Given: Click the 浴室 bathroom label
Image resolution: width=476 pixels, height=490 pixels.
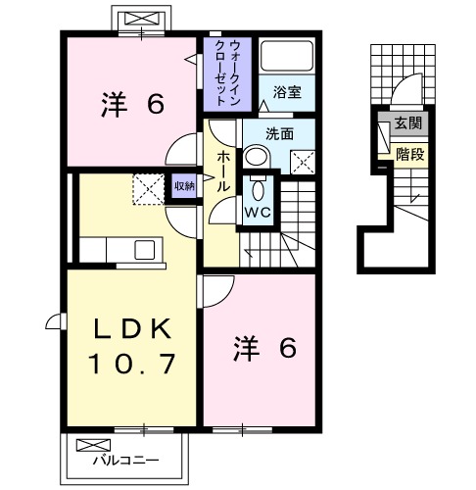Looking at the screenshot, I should [287, 92].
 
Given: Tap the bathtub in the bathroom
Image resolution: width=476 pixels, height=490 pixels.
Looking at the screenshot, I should [287, 58].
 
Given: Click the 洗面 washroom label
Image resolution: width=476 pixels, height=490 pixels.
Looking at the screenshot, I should [279, 134].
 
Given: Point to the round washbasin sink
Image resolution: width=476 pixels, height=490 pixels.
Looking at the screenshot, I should [257, 158].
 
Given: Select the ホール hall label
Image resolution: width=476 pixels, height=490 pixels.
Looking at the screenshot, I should [222, 171].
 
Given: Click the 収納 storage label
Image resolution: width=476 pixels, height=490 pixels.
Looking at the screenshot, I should [184, 185].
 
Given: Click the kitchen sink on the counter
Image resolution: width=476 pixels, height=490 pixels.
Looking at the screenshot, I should [144, 250].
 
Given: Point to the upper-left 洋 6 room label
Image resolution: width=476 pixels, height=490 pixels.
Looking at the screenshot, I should [131, 103].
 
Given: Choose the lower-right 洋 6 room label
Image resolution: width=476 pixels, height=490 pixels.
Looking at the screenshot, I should [262, 348].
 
